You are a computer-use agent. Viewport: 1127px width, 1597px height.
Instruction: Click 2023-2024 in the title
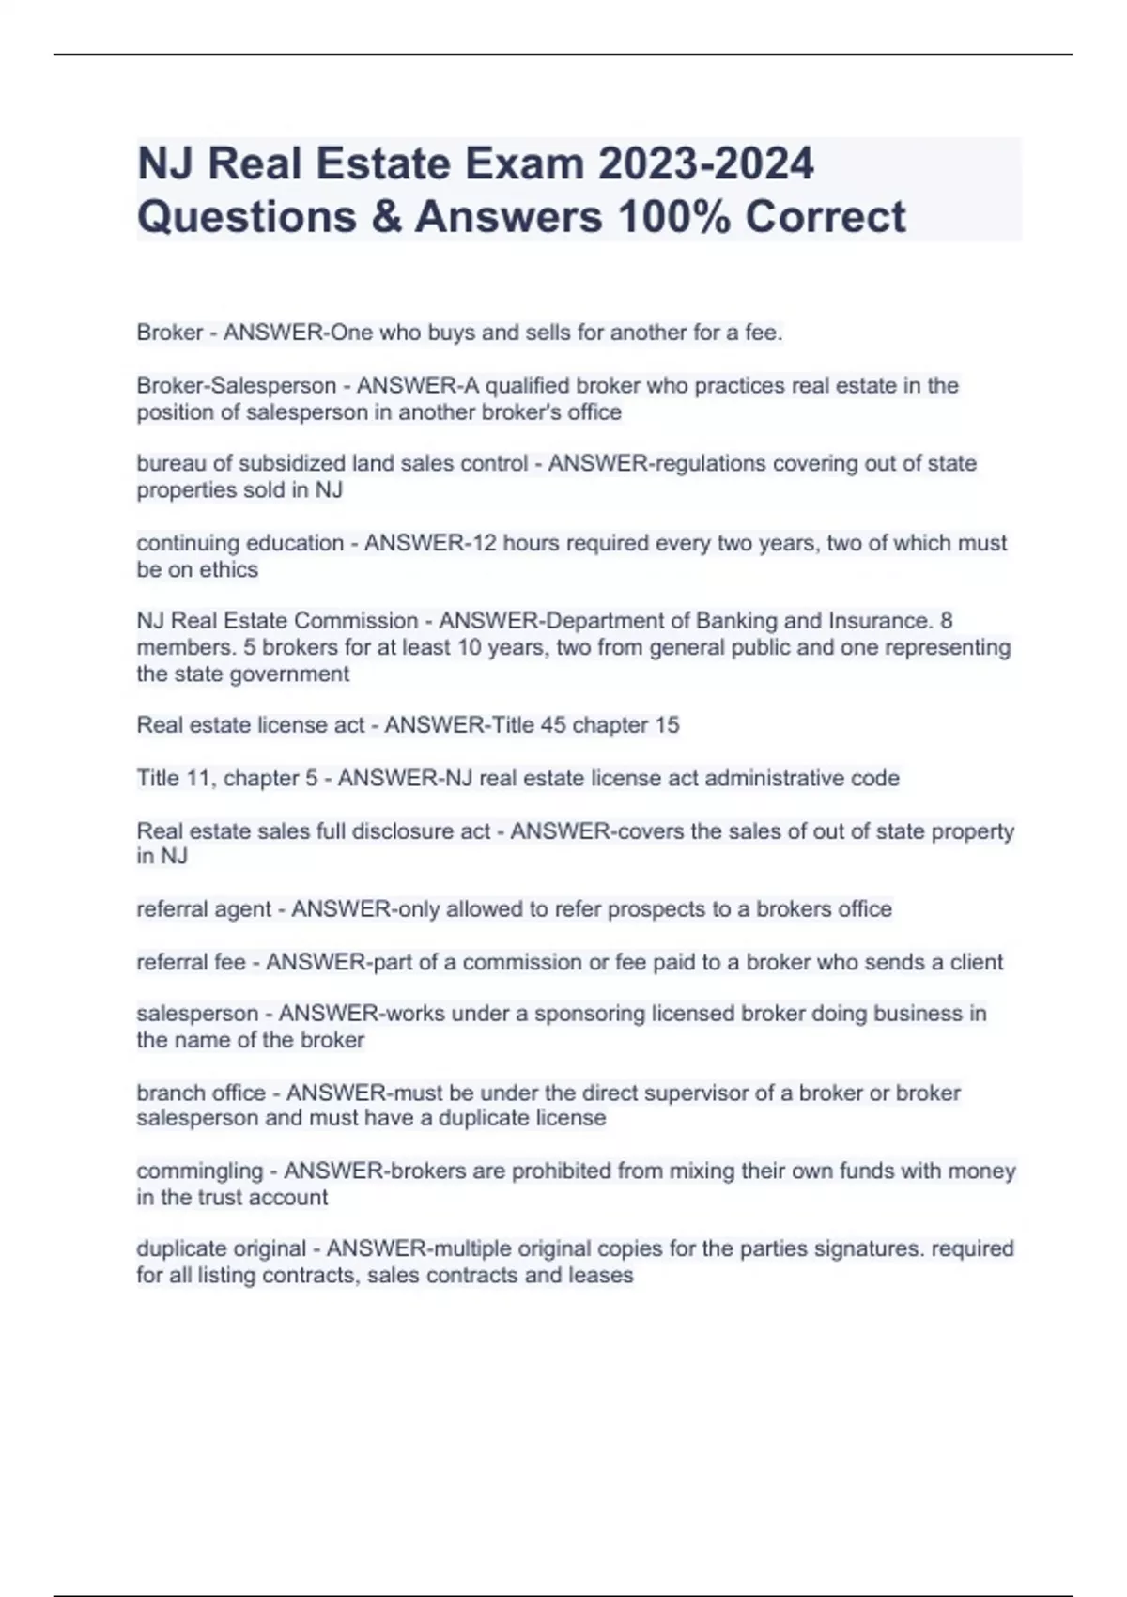[705, 164]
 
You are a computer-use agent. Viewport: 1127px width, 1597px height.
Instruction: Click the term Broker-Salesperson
[236, 386]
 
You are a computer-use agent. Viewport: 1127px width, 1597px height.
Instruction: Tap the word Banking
[738, 621]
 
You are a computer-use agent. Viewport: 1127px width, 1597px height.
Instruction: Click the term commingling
[199, 1171]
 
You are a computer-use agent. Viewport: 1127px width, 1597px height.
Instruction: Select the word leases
[600, 1276]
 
